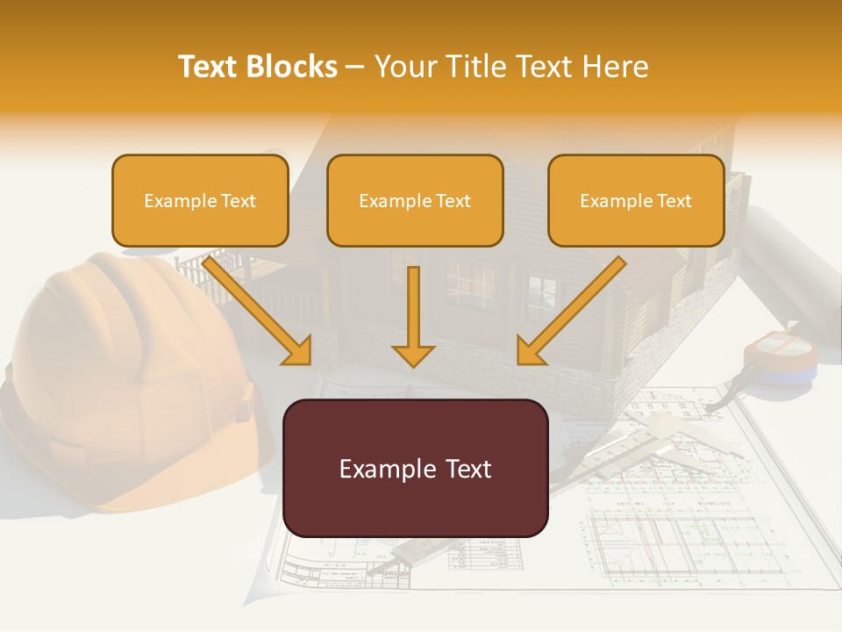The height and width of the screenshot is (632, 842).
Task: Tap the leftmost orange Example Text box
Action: click(x=200, y=200)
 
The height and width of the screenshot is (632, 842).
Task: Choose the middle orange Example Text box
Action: click(x=415, y=200)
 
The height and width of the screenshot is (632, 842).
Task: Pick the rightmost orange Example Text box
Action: click(x=636, y=200)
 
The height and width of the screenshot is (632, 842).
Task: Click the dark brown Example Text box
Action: click(x=416, y=468)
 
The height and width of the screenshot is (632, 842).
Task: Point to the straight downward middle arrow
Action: click(x=413, y=316)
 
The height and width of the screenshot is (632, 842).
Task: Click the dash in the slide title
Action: click(x=355, y=67)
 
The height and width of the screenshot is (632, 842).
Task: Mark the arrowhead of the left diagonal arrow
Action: click(x=298, y=351)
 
